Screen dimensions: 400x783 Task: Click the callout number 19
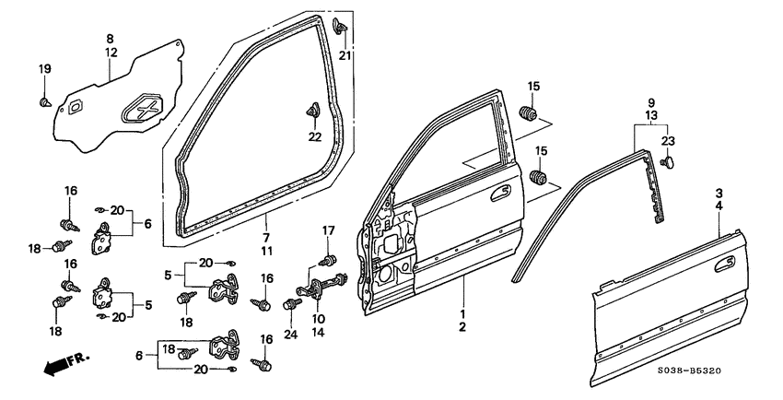coord(44,70)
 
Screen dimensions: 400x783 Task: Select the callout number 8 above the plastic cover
coord(110,39)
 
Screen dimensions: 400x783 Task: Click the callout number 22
coord(315,137)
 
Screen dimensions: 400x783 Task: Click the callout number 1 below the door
coord(462,314)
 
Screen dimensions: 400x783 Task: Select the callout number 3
coord(718,193)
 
